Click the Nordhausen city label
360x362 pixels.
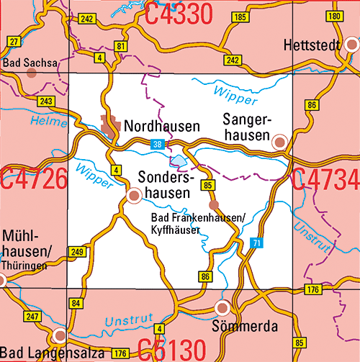(x=162, y=127)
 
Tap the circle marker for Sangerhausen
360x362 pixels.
(x=279, y=142)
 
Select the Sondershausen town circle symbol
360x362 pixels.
(x=134, y=194)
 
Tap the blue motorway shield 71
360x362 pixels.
(x=256, y=243)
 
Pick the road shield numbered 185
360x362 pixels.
(x=241, y=17)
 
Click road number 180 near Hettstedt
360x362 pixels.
(x=333, y=16)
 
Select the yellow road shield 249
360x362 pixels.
(x=77, y=251)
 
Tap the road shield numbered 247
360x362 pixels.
(x=32, y=317)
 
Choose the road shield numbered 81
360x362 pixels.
(x=120, y=46)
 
